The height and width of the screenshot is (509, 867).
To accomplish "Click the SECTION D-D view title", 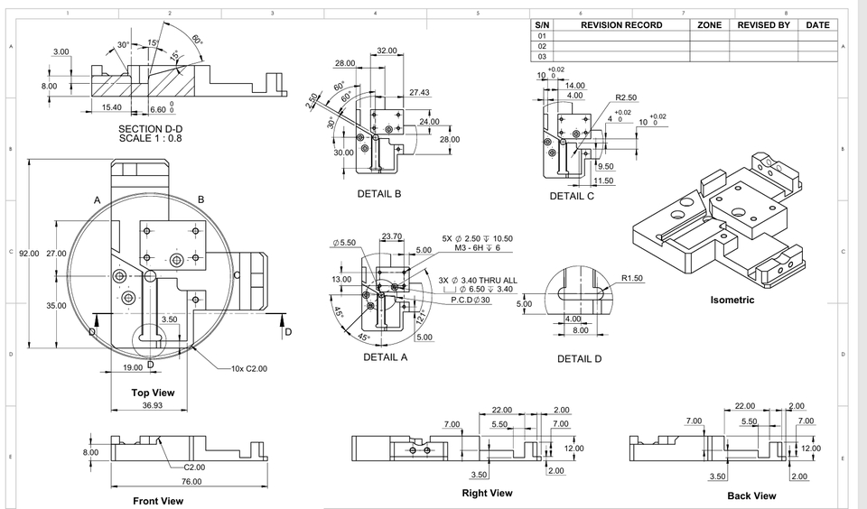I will coord(150,129).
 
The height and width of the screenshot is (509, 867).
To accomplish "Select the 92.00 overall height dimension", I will coord(30,254).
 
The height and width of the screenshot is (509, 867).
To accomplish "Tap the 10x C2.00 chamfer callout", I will coord(249,369).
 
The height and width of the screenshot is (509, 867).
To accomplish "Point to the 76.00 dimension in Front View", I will coord(191,481).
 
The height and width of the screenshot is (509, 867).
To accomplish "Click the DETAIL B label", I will coord(378,194).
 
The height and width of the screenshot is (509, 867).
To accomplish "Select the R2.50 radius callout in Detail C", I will coord(626,97).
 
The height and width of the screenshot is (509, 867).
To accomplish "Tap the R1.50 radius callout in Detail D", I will coord(632,278).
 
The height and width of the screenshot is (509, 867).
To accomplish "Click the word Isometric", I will coord(732,301).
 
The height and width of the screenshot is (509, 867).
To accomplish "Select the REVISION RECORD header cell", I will coord(620,25).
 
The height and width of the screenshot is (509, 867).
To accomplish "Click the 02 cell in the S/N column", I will coord(542,46).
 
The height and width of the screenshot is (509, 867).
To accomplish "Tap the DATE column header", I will coord(817,25).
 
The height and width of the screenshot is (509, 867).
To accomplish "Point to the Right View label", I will coord(487,493).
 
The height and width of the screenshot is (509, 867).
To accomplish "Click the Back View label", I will coord(751,495).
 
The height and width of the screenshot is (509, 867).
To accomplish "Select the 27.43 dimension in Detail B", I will coord(419,93).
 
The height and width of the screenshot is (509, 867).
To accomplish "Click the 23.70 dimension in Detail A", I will coord(392,236).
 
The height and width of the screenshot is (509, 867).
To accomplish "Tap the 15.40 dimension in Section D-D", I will coord(111,107).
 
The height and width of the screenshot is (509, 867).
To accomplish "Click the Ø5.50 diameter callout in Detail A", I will coord(344,243).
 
